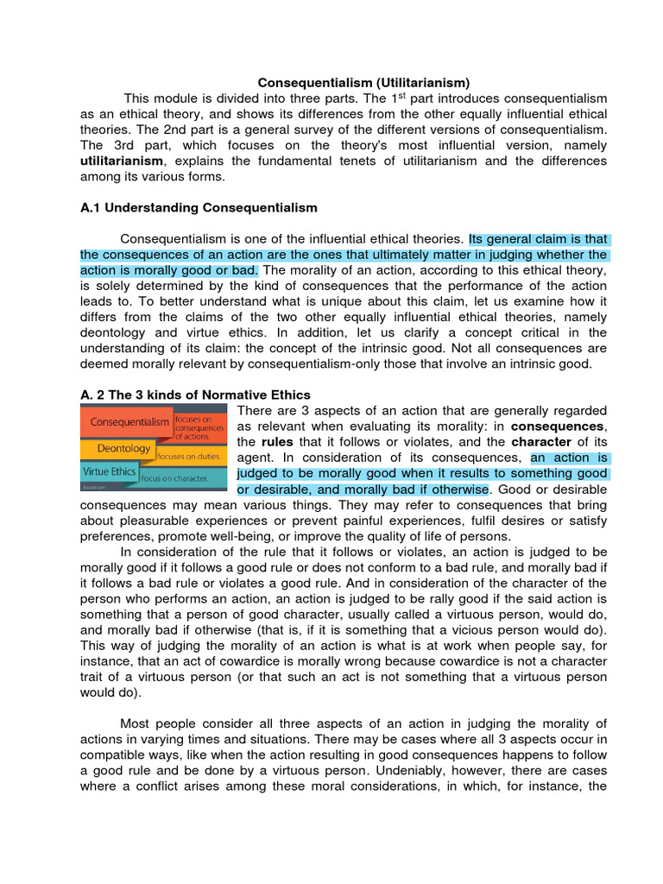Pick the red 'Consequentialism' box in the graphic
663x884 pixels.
pyautogui.click(x=125, y=423)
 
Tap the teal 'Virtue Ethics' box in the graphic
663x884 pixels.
pyautogui.click(x=110, y=473)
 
